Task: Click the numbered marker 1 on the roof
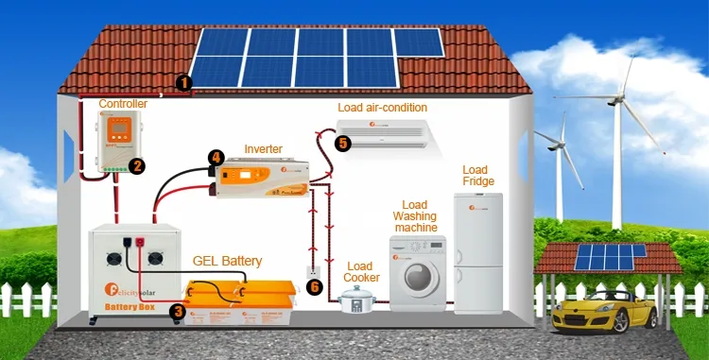tap(184, 83)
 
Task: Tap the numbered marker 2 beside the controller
tap(137, 166)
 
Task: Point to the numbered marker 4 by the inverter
tap(216, 157)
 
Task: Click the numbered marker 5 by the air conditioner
tap(342, 144)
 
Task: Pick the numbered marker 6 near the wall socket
tap(316, 286)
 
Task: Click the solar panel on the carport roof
tap(612, 255)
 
